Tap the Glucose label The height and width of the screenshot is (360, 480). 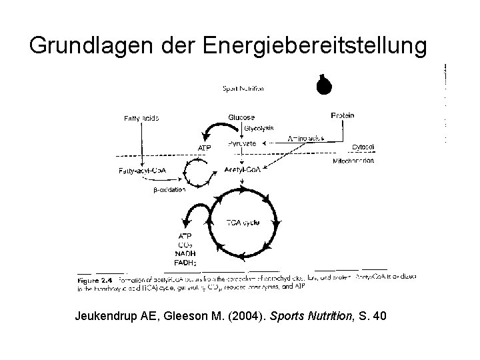241,117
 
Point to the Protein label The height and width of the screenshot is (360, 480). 343,115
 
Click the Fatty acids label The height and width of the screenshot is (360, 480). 141,119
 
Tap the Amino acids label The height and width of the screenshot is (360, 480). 305,139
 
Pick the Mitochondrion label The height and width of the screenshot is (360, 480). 353,161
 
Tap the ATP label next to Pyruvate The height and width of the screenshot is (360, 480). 205,147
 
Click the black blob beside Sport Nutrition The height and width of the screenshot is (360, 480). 325,85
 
